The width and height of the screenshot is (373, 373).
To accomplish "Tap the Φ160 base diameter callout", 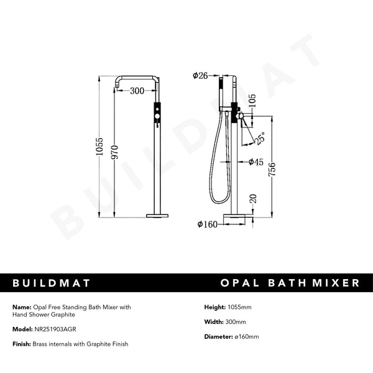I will [x=207, y=224].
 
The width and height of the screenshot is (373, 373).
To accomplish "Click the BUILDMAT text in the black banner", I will [x=52, y=283].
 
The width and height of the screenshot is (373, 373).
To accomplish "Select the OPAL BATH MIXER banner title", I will [x=290, y=283].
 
